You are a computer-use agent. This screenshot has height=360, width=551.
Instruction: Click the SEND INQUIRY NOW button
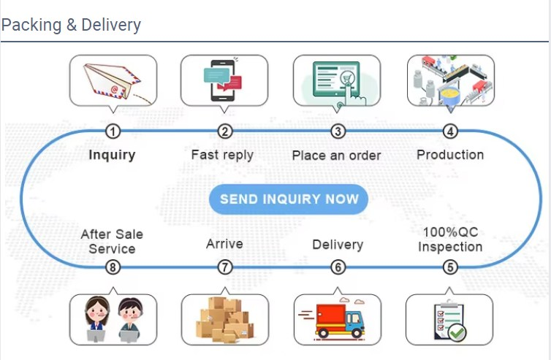tap(289, 199)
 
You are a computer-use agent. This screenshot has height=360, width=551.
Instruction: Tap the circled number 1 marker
tap(113, 131)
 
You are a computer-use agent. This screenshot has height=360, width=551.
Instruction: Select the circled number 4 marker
tap(450, 131)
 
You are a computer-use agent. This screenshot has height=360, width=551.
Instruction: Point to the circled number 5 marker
tap(450, 267)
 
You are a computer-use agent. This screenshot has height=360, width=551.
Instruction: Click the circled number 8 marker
tap(113, 267)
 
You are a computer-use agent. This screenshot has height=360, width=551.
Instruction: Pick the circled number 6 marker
tap(338, 267)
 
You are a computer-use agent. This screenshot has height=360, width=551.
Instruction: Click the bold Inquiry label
tap(112, 155)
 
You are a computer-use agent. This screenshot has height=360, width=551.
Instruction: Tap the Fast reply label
tap(222, 155)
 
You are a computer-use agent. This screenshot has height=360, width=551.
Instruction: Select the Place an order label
tap(336, 156)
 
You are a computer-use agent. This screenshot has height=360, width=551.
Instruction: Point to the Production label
tap(450, 155)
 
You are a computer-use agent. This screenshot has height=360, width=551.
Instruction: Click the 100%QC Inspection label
tap(450, 240)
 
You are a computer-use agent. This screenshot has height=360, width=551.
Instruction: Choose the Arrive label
tap(224, 244)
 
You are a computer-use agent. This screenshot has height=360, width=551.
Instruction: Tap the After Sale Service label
tap(112, 242)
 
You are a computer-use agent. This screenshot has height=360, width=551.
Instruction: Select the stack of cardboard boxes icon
tap(224, 320)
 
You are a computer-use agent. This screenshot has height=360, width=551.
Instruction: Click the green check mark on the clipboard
tap(457, 333)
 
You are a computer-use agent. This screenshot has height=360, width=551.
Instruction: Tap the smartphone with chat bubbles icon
tap(222, 80)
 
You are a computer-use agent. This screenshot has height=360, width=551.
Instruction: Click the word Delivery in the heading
tap(111, 25)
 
